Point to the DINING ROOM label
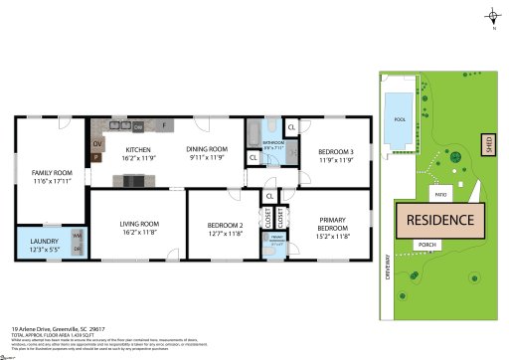coord(209,149)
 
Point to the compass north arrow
coord(492,17)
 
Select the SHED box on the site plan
coord(488,144)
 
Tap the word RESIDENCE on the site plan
coord(437,218)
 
